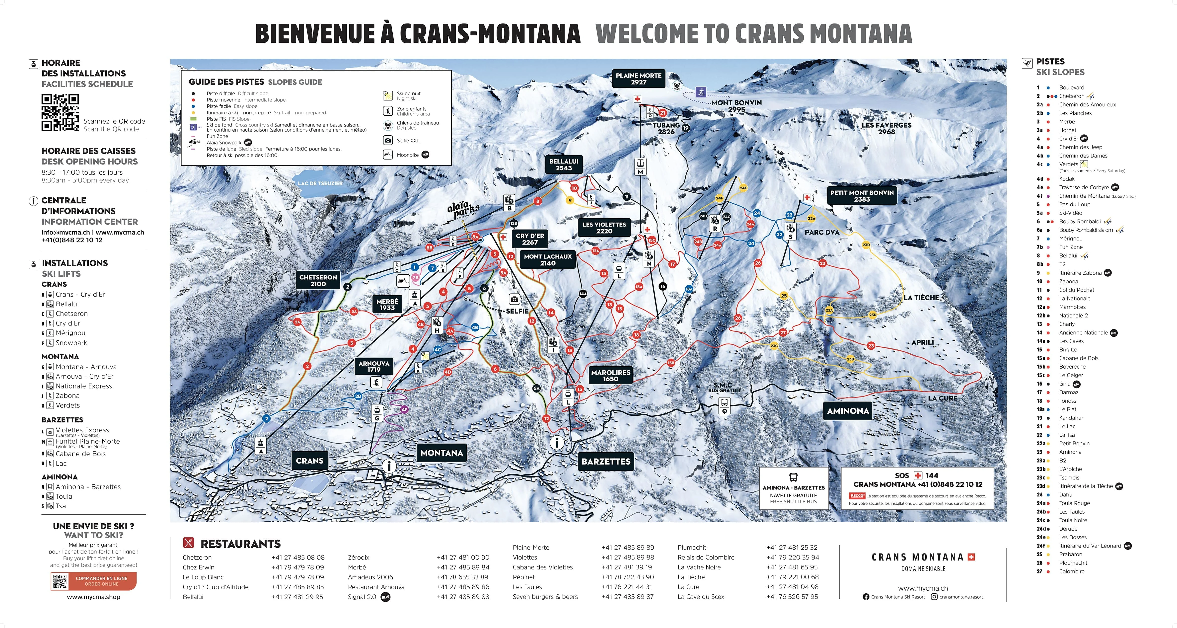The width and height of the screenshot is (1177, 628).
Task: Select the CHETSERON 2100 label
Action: point(318,280)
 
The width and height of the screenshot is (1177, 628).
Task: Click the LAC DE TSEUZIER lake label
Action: point(320,183)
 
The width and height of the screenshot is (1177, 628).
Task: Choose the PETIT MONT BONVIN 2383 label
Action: point(862,196)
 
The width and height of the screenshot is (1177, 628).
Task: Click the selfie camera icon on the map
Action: point(515,299)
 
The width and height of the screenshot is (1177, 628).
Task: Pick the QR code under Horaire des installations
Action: point(60,112)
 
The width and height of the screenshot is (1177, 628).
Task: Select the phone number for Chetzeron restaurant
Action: point(298,557)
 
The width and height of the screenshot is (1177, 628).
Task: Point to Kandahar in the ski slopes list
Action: point(1071,418)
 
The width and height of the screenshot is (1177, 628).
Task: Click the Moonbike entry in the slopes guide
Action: point(407,155)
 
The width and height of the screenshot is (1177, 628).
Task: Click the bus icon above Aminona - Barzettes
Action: point(793,477)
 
